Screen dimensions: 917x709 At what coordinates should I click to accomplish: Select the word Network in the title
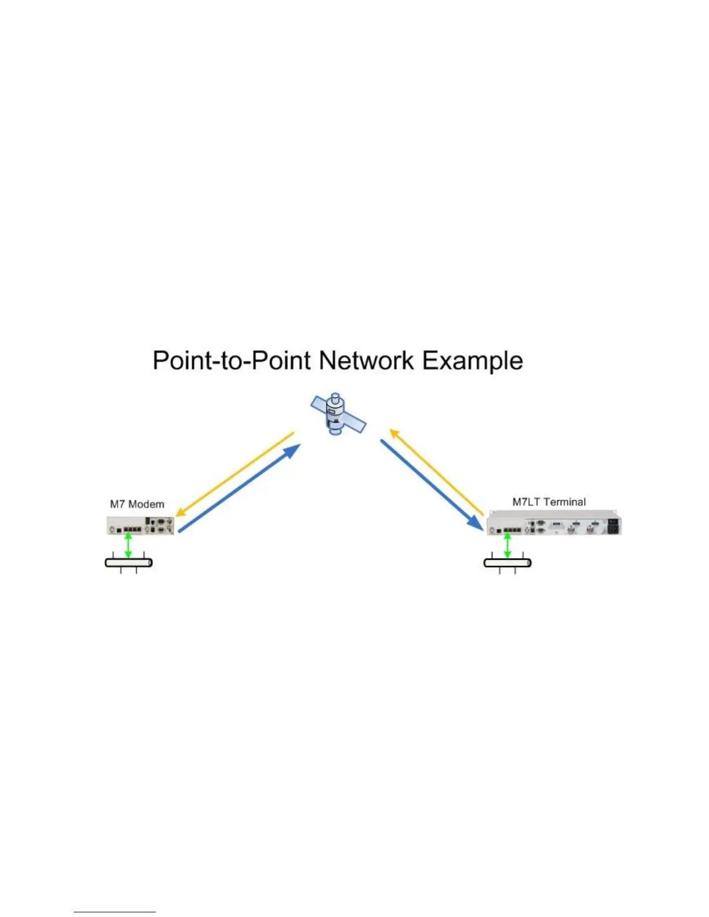(x=366, y=361)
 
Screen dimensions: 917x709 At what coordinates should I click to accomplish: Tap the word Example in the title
(x=472, y=361)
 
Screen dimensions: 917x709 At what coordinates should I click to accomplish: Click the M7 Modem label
(x=137, y=504)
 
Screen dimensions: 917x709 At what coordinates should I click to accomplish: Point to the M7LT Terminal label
(x=549, y=502)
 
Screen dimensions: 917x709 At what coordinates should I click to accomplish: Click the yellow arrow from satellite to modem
(x=235, y=473)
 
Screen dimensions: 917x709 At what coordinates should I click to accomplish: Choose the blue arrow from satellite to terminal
(x=431, y=484)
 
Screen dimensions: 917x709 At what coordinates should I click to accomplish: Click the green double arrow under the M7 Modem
(x=128, y=546)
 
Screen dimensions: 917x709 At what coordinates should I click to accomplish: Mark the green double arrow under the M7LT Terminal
(x=507, y=546)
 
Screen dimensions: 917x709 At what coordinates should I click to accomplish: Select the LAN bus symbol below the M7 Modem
(x=129, y=563)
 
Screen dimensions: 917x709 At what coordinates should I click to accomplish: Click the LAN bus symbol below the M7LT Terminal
(x=507, y=563)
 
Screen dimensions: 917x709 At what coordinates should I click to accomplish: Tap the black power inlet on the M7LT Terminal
(x=612, y=526)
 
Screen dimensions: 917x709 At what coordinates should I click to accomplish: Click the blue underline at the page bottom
(x=115, y=912)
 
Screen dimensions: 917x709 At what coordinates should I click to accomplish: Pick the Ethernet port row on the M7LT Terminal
(x=511, y=529)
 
